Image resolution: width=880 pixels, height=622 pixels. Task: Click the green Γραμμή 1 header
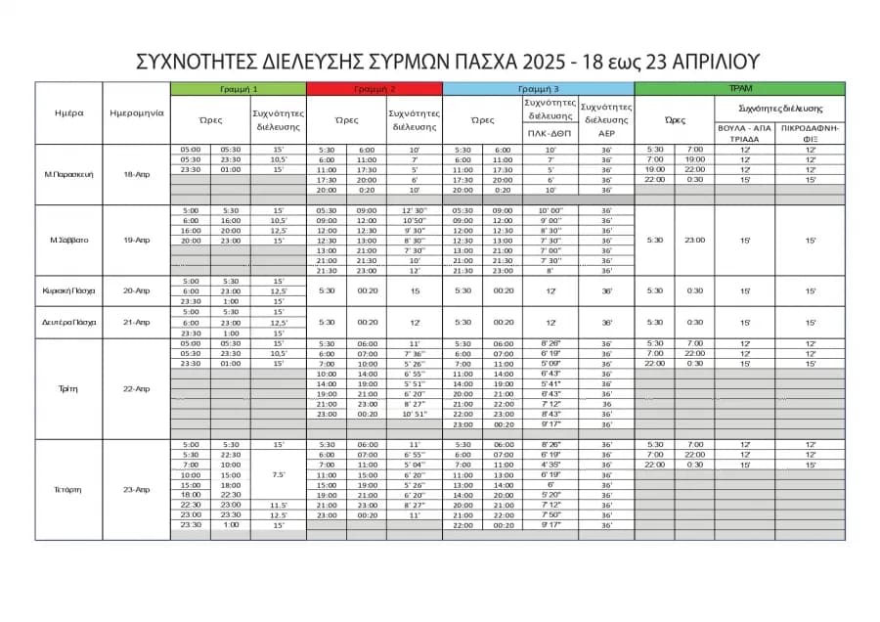238,89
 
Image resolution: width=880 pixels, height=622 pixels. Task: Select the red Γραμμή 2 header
374,89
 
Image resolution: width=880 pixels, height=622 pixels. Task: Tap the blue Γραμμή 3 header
538,89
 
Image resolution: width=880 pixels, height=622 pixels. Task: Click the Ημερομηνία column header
137,112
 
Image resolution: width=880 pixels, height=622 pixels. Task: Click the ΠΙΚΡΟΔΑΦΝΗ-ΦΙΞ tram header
811,133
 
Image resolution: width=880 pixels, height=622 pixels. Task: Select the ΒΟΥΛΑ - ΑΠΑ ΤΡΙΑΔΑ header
745,133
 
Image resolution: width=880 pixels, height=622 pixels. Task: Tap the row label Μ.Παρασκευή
68,174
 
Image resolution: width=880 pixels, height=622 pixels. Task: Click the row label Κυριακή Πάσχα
68,290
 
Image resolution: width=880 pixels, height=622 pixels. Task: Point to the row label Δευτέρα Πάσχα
68,322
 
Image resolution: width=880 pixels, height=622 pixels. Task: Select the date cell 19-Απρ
137,240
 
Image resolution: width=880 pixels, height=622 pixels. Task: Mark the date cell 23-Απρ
137,489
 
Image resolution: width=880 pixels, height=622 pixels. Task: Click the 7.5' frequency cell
278,474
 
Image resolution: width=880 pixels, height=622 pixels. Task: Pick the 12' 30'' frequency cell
413,210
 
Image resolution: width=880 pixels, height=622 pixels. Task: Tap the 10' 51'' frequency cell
413,414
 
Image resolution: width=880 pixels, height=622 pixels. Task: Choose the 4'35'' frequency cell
550,465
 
